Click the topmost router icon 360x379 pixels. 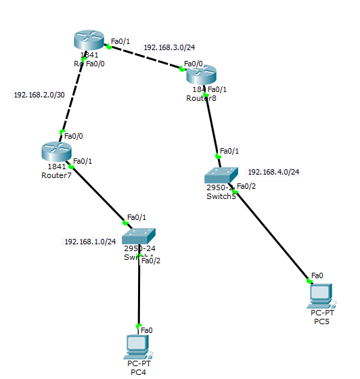coord(89,41)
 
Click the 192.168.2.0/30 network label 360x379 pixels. coord(39,95)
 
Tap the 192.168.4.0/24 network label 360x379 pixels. coord(273,172)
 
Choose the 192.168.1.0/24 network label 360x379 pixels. coord(90,241)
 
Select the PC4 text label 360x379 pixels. coord(139,372)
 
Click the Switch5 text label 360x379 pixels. coord(221,196)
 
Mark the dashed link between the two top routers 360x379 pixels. coord(145,58)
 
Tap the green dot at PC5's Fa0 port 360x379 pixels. coord(309,281)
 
